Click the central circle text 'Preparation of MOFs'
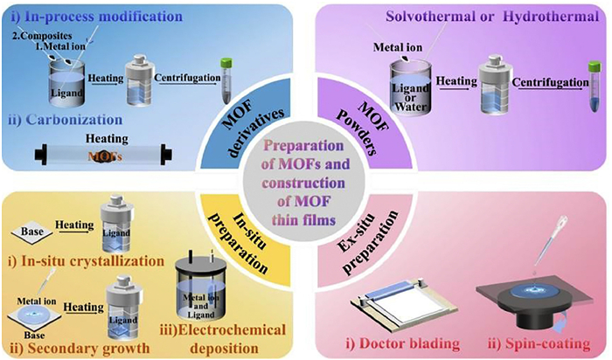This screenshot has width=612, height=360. (x=307, y=153)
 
